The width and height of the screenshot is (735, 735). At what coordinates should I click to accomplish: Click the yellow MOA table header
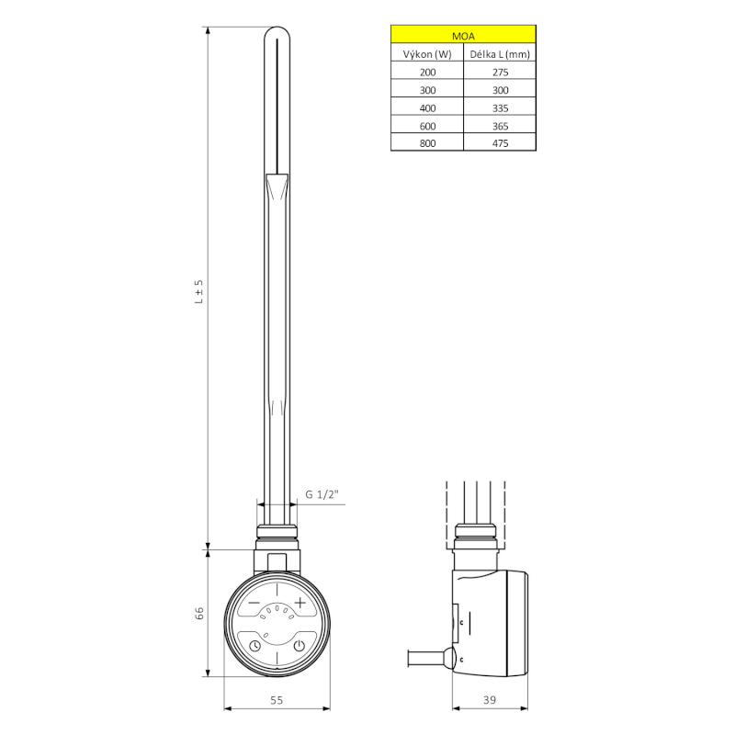click(463, 36)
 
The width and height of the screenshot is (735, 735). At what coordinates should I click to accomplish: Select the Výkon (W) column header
click(427, 54)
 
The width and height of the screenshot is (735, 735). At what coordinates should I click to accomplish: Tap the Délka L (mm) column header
click(500, 54)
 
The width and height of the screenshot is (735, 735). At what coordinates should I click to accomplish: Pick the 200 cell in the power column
click(427, 72)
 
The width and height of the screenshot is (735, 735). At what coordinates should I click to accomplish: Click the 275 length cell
click(500, 72)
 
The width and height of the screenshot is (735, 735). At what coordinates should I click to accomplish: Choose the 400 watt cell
click(427, 107)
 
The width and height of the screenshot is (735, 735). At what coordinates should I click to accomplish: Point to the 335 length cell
click(500, 107)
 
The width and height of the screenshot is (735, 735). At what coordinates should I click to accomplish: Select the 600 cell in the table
click(427, 125)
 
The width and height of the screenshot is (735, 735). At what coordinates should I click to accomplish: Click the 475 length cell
click(500, 143)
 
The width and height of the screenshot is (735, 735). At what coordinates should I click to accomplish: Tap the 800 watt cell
click(427, 143)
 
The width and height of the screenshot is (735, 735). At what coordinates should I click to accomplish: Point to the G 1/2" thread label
click(322, 496)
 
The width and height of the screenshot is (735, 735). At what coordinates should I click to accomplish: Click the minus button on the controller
click(254, 603)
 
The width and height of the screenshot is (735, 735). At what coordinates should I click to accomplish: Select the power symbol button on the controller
click(299, 645)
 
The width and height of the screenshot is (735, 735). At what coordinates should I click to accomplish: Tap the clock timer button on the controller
click(254, 645)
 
